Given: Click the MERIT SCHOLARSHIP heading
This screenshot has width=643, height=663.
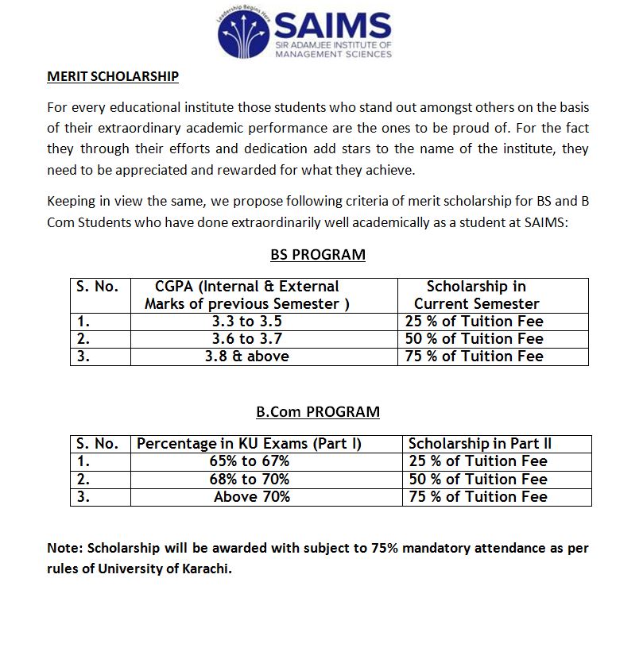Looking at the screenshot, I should (x=113, y=77).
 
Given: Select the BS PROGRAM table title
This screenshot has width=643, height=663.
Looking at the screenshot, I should (x=318, y=255).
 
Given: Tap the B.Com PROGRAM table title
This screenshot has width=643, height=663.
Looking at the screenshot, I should (x=318, y=412).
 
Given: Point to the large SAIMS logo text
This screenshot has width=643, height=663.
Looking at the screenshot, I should (x=332, y=27).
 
